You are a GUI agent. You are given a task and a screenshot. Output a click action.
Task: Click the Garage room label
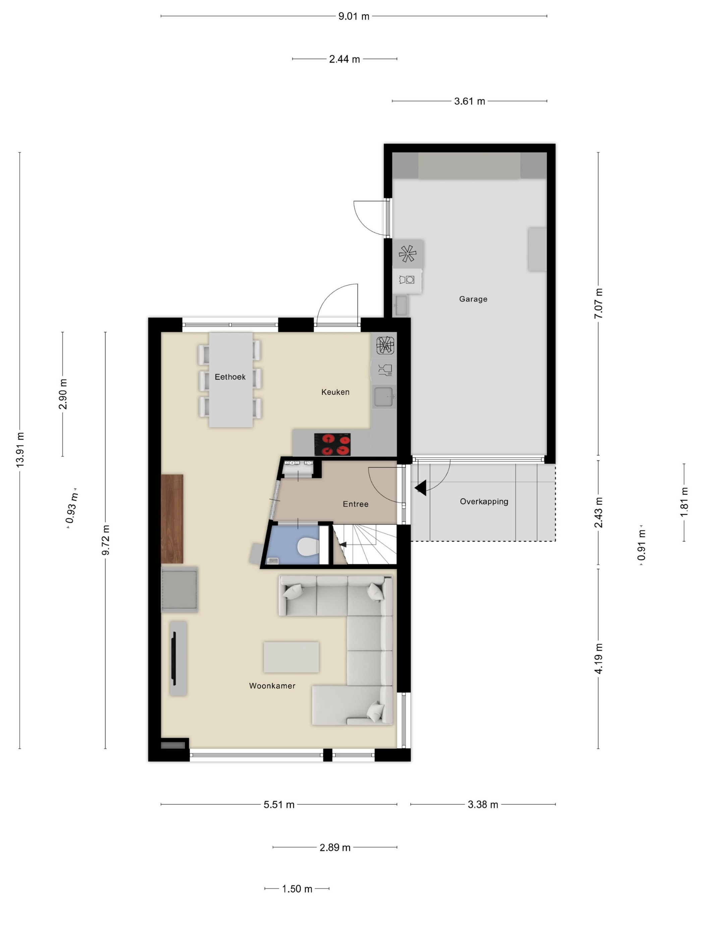coord(473,299)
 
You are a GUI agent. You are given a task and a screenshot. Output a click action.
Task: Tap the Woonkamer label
coord(272,685)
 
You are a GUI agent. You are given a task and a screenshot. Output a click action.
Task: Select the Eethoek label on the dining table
coord(230,377)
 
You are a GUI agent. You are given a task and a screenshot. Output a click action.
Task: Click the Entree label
coord(356,504)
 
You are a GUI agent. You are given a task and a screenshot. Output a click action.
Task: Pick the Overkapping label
coord(484,502)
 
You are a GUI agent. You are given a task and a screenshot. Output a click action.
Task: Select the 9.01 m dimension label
coord(353,16)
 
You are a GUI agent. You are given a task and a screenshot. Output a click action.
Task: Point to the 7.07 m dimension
coord(598,303)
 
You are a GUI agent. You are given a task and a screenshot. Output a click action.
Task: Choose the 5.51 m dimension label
coord(279,805)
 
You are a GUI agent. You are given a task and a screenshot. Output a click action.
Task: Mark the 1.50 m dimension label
coord(297,888)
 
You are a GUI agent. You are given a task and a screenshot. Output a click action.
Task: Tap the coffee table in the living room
coord(291,657)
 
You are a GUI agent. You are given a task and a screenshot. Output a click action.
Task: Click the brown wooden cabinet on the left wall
coord(172,519)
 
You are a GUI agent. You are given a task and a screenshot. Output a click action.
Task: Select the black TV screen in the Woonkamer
coord(174,658)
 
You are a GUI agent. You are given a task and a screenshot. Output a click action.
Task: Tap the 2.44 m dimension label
coord(344,59)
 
